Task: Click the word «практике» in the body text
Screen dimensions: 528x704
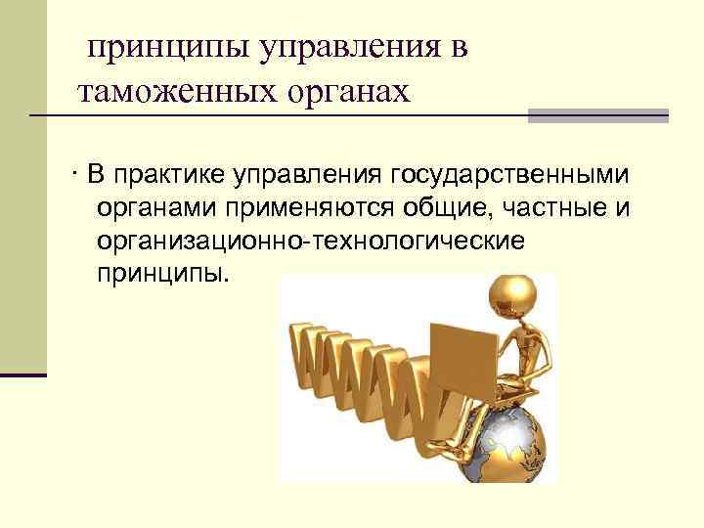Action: tap(172, 176)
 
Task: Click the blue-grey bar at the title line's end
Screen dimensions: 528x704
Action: tap(597, 115)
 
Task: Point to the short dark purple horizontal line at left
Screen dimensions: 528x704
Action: tap(23, 374)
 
